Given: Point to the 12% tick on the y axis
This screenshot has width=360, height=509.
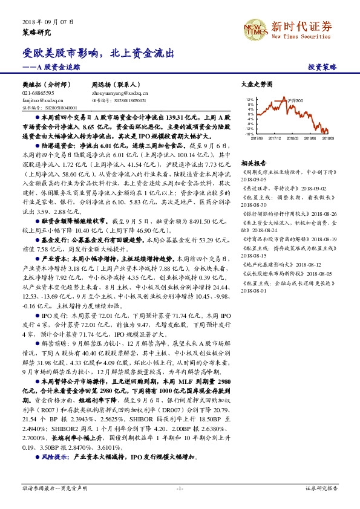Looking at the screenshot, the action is pos(250,99).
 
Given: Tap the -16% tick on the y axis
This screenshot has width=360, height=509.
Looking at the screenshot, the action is pos(249,134).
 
